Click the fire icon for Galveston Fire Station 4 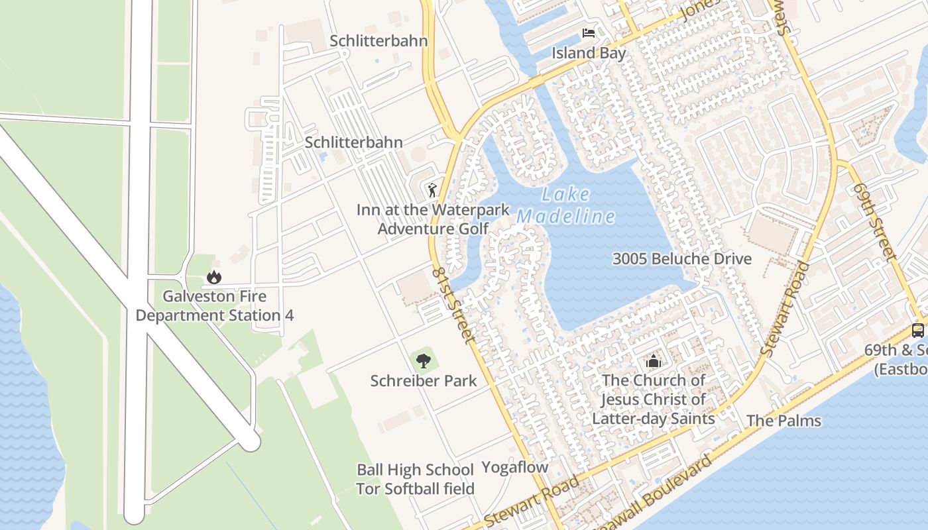pyautogui.click(x=213, y=277)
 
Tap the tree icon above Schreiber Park pyautogui.click(x=423, y=361)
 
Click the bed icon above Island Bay pyautogui.click(x=588, y=33)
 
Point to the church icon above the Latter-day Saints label pyautogui.click(x=654, y=362)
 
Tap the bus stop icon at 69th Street pyautogui.click(x=918, y=330)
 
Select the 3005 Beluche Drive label pyautogui.click(x=681, y=258)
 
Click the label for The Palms pyautogui.click(x=783, y=421)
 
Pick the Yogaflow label pyautogui.click(x=514, y=467)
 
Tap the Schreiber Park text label pyautogui.click(x=423, y=381)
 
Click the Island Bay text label pyautogui.click(x=589, y=53)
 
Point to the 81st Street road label pyautogui.click(x=453, y=305)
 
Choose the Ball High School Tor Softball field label pyautogui.click(x=415, y=479)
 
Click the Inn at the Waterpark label pyautogui.click(x=433, y=210)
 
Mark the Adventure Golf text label pyautogui.click(x=433, y=229)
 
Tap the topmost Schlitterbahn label pyautogui.click(x=378, y=41)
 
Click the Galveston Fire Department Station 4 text pyautogui.click(x=214, y=305)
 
